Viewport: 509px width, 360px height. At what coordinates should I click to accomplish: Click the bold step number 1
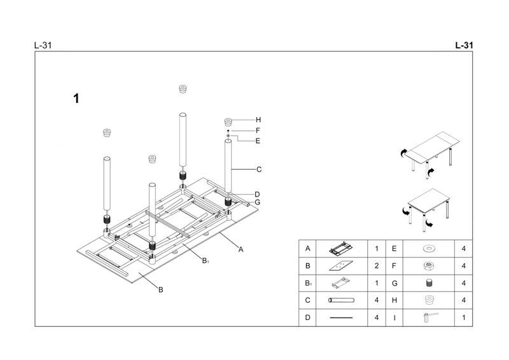(x=76, y=99)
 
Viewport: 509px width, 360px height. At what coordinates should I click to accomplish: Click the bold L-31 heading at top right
(x=464, y=46)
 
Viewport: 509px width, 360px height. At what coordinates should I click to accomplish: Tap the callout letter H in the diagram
(x=258, y=120)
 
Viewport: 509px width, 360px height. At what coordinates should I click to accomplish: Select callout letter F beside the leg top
(x=258, y=130)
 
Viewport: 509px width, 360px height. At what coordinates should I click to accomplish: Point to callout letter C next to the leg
(x=259, y=169)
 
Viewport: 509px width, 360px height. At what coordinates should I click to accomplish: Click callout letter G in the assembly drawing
(x=258, y=202)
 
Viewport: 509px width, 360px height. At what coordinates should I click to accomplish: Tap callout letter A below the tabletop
(x=241, y=249)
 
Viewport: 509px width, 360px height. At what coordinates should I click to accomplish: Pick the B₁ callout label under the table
(x=206, y=260)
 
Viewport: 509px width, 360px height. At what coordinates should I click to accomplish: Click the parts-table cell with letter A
(x=308, y=249)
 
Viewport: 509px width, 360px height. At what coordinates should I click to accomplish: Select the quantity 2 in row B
(x=377, y=266)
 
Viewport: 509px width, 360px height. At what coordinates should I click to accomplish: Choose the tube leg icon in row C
(x=340, y=300)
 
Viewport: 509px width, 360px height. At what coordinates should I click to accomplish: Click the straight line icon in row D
(x=340, y=317)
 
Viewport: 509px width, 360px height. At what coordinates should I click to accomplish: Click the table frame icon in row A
(x=340, y=249)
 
